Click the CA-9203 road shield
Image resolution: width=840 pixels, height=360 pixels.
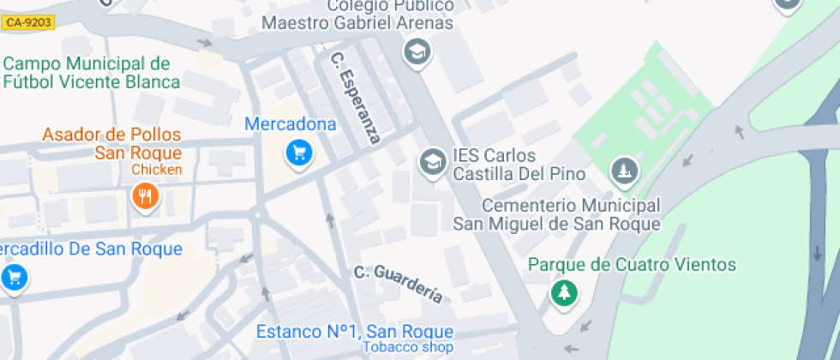[28, 24]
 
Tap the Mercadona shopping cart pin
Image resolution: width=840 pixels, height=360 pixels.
[298, 153]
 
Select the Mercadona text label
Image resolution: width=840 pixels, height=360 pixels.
[291, 124]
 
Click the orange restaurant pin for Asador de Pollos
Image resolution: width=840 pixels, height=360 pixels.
[147, 196]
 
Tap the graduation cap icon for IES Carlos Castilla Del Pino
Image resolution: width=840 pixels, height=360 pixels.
[431, 160]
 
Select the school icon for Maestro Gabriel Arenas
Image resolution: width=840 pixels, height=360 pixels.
[417, 51]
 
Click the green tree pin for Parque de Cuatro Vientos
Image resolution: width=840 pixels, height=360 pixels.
[563, 293]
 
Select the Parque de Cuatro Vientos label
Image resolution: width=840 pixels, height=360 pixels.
[632, 264]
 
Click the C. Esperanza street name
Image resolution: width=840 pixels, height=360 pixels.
[355, 99]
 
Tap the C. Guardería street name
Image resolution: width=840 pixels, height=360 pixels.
[399, 284]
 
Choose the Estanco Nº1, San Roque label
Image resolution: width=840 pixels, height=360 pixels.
[355, 332]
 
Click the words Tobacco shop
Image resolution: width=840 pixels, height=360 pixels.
[407, 347]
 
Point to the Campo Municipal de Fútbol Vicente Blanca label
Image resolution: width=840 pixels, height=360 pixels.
[91, 73]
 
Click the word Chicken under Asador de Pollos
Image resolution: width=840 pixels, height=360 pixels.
[157, 170]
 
